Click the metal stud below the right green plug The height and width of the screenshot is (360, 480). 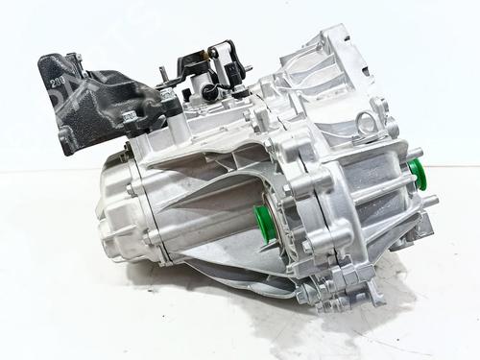tap(429, 200)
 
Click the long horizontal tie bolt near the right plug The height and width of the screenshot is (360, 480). tap(389, 187)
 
